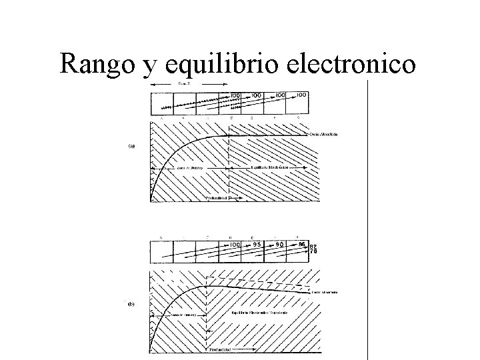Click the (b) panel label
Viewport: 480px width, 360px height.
tap(131, 303)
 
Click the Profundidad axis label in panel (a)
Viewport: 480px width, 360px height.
tap(215, 198)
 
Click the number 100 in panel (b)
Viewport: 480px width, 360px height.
tap(234, 245)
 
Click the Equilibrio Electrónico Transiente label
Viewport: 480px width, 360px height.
tap(260, 313)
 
